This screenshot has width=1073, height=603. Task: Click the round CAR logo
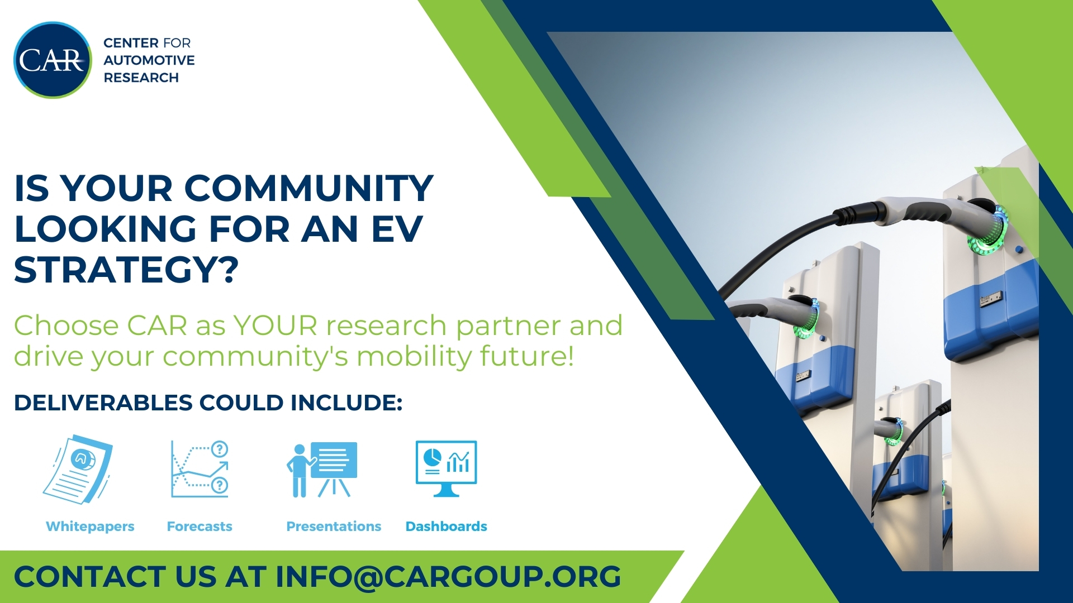53,60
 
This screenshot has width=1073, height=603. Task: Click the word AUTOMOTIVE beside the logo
149,60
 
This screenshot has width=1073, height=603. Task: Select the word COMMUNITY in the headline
308,188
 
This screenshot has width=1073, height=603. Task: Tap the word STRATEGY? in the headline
126,270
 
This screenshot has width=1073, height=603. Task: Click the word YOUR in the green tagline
275,326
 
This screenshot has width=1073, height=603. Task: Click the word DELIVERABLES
103,403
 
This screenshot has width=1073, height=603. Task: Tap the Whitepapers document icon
78,470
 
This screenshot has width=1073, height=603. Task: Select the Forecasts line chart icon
200,468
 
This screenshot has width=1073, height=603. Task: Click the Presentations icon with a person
322,470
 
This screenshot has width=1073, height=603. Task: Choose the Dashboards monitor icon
446,468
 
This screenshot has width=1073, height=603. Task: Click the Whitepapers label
90,527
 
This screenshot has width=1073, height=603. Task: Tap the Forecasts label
200,527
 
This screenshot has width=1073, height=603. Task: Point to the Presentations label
334,527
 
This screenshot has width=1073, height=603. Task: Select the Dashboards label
446,527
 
